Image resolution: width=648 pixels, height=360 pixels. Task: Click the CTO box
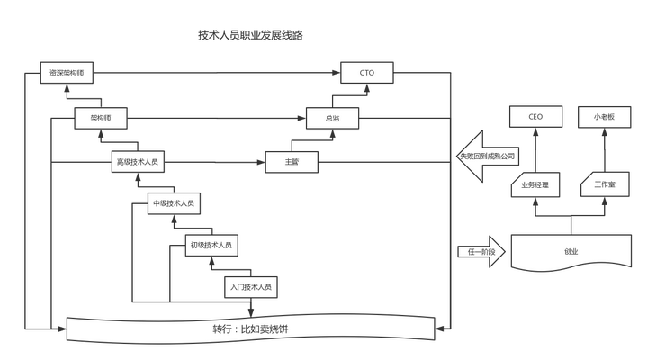pyautogui.click(x=366, y=73)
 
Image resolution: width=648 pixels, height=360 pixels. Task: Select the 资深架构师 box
pyautogui.click(x=67, y=73)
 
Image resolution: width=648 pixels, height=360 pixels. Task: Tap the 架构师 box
pyautogui.click(x=100, y=118)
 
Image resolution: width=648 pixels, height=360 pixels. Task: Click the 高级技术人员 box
pyautogui.click(x=138, y=162)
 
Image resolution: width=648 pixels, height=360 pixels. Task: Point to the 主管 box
pyautogui.click(x=291, y=162)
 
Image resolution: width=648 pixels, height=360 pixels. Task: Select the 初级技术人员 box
pyautogui.click(x=211, y=245)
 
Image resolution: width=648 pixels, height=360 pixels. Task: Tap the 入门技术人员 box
pyautogui.click(x=250, y=287)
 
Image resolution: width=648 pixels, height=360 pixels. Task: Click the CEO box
pyautogui.click(x=535, y=117)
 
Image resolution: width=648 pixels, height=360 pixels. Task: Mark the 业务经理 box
pyautogui.click(x=535, y=185)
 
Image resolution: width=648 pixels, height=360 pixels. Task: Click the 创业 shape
pyautogui.click(x=569, y=253)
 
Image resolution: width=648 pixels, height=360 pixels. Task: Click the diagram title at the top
pyautogui.click(x=251, y=36)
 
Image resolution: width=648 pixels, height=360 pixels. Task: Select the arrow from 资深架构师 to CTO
pyautogui.click(x=216, y=73)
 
